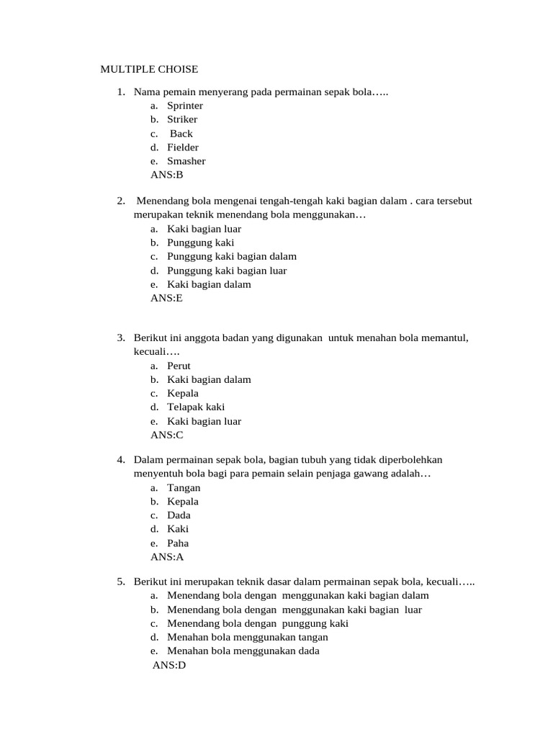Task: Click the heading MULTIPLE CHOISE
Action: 148,69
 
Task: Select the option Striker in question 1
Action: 182,119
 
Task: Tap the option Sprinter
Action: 185,106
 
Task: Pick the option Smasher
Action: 186,161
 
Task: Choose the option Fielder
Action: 183,148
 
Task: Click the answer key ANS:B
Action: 167,175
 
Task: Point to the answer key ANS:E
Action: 166,298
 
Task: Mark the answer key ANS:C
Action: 167,435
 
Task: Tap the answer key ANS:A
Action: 167,557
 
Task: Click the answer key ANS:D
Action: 169,666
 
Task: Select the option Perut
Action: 179,366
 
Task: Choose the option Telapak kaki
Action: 196,407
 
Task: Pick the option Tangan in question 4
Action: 184,488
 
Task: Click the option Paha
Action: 178,543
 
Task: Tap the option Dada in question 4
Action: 179,515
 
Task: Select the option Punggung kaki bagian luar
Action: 227,271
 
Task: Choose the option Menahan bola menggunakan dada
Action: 243,651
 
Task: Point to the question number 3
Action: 121,338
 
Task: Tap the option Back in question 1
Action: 181,134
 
